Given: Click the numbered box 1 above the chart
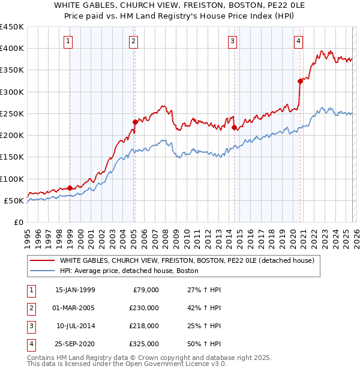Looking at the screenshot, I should [69, 41].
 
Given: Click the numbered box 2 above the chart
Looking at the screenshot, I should [133, 41].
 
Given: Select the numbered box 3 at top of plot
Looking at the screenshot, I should [232, 41].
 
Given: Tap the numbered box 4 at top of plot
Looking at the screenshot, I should [298, 41].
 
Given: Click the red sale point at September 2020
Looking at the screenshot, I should [300, 81].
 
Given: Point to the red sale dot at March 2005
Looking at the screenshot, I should [135, 122].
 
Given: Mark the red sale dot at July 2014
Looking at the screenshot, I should [234, 127].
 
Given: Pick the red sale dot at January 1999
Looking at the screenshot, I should [70, 188].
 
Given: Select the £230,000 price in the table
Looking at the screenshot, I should [145, 308].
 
